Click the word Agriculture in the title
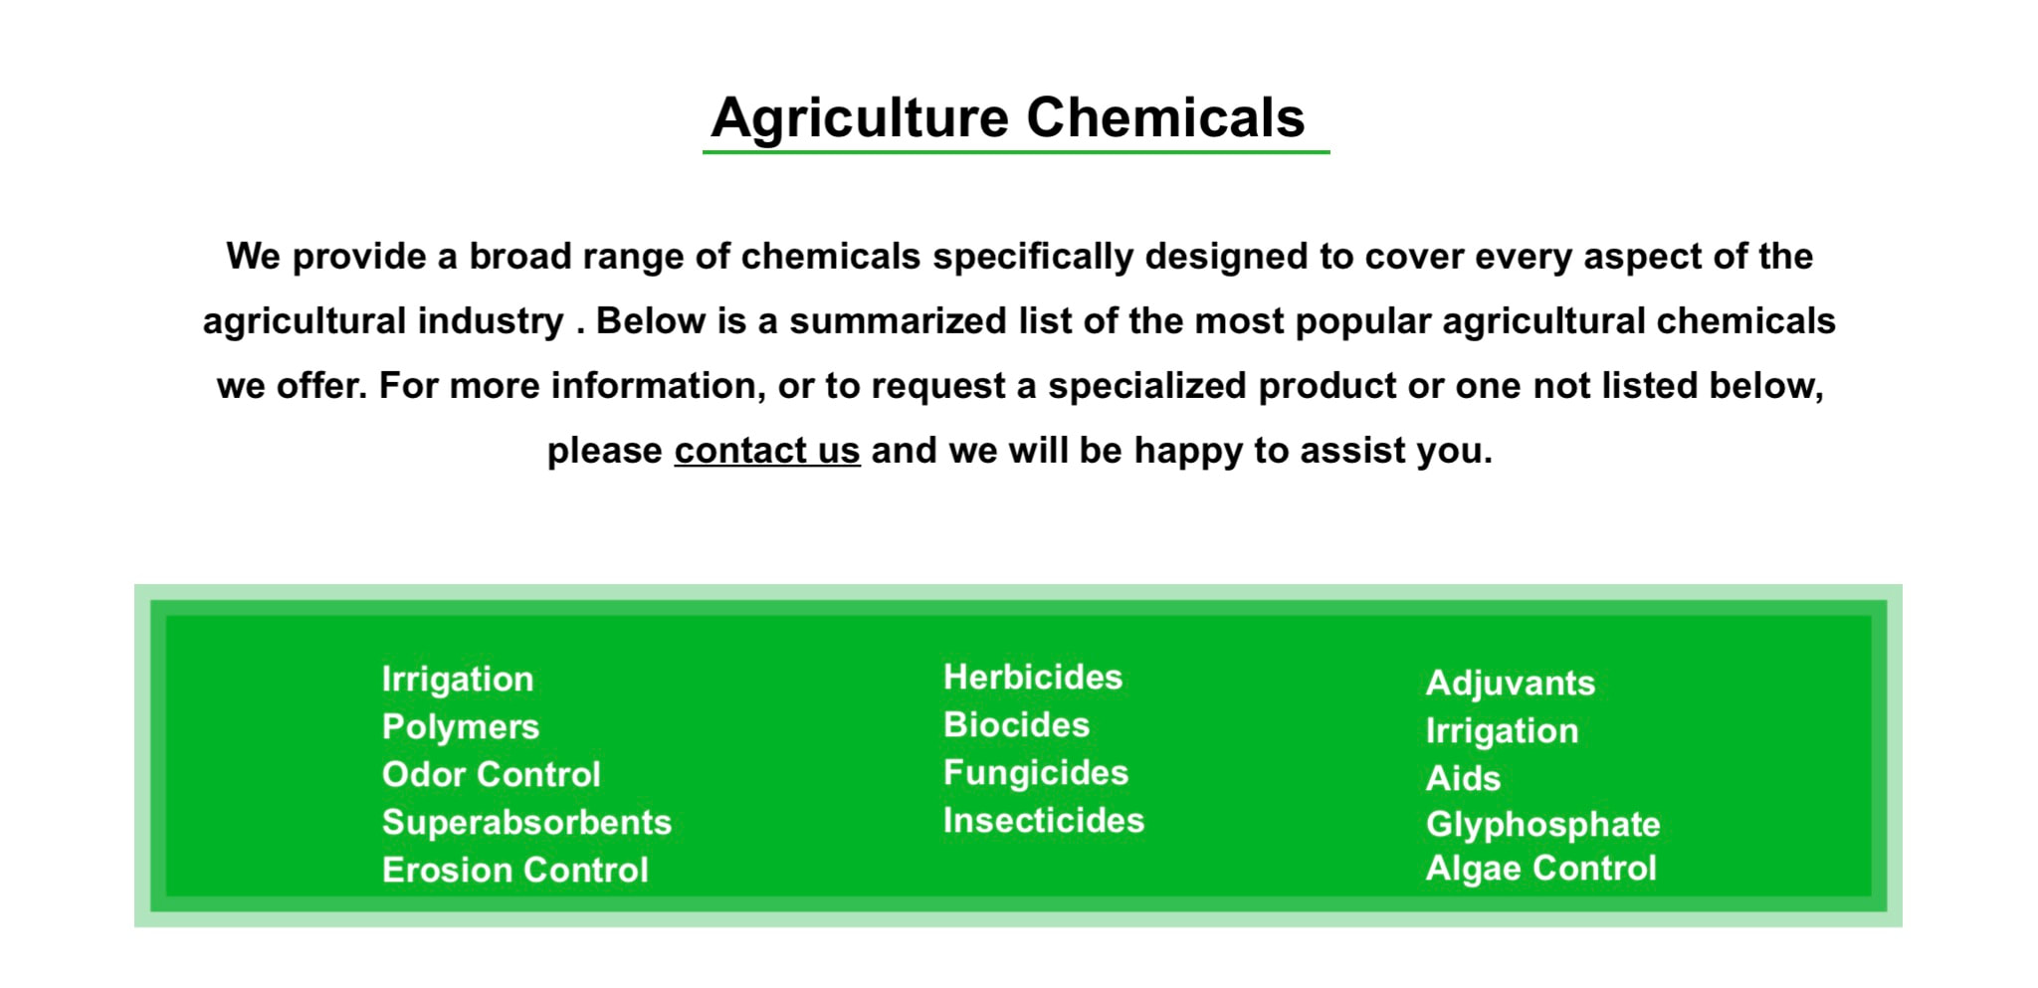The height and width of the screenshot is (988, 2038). [x=860, y=119]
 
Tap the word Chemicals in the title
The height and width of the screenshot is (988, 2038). [x=1165, y=117]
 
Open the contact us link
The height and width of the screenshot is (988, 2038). [x=767, y=450]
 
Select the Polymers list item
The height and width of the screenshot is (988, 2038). [x=461, y=727]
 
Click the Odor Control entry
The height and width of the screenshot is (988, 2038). [x=492, y=774]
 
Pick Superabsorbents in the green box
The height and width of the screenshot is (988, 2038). [x=527, y=822]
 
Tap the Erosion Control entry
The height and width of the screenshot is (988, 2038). [x=515, y=870]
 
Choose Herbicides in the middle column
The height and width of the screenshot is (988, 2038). [x=1033, y=677]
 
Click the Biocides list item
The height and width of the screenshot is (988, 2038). [x=1017, y=724]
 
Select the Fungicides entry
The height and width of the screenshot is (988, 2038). [x=1036, y=773]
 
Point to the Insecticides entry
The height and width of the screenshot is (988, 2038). [x=1044, y=820]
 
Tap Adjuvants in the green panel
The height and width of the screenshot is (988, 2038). [x=1511, y=684]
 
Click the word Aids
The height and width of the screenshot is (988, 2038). [x=1463, y=778]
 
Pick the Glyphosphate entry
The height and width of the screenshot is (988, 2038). [x=1543, y=825]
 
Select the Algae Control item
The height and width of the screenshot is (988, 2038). [x=1541, y=869]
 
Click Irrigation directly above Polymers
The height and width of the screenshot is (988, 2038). [x=458, y=680]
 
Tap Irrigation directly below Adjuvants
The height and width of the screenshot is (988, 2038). [x=1503, y=731]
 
